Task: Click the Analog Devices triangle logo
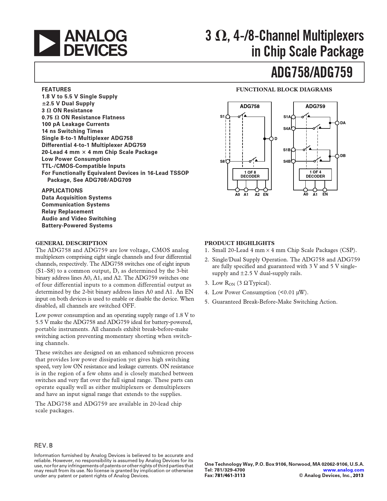click(x=47, y=43)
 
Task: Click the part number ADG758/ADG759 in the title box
click(x=311, y=72)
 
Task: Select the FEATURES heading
click(x=56, y=90)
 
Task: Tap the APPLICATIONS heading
click(x=62, y=191)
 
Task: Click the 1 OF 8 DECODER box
click(x=250, y=174)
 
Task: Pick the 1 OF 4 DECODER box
click(x=315, y=174)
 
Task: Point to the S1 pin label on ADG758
click(x=222, y=116)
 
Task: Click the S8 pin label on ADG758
click(x=222, y=162)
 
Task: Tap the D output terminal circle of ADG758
click(x=271, y=139)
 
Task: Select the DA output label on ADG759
click(x=343, y=123)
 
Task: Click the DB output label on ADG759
click(x=343, y=156)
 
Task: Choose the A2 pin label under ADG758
click(x=257, y=195)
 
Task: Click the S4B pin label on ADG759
click(x=287, y=162)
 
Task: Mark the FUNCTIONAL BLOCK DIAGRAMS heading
click(x=284, y=90)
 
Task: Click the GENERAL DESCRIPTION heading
click(x=71, y=243)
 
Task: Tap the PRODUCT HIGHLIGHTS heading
click(x=239, y=243)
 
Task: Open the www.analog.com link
click(x=343, y=470)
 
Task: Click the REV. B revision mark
click(x=43, y=445)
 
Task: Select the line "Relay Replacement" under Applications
click(x=68, y=212)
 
